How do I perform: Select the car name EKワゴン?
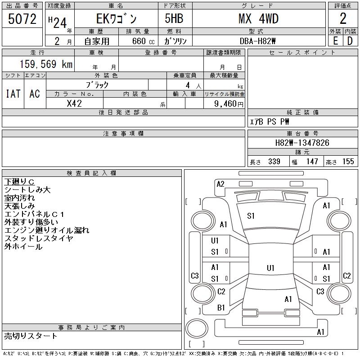[116, 19]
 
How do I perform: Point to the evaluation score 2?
[343, 18]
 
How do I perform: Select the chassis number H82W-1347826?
[302, 143]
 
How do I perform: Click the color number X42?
[74, 103]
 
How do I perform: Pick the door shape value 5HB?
[171, 18]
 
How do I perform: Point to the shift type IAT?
[13, 94]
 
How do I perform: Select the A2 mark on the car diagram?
[220, 184]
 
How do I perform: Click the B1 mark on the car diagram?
[221, 308]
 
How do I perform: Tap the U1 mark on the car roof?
[270, 268]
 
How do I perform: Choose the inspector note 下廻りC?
[19, 182]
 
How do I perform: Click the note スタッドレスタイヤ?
[39, 238]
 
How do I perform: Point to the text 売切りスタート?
[31, 336]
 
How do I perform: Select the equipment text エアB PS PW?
[270, 121]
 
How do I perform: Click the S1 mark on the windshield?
[251, 216]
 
